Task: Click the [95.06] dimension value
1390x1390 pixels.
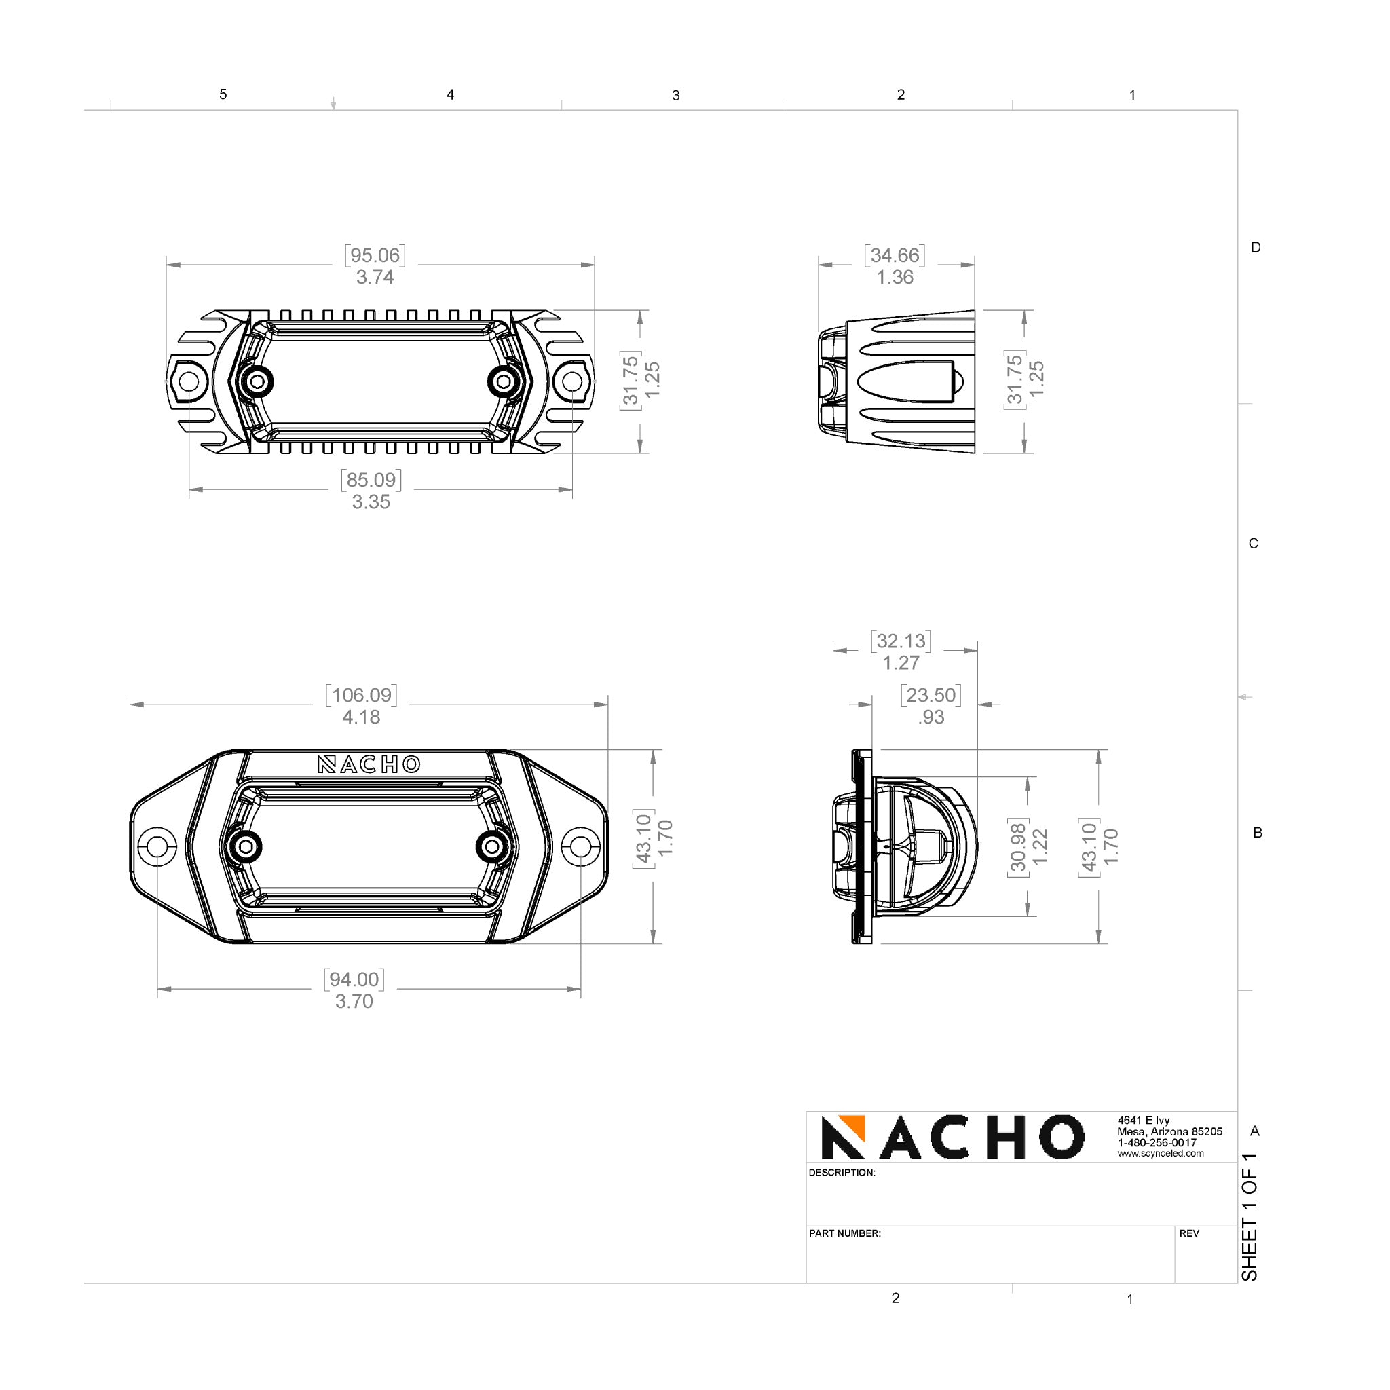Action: point(374,255)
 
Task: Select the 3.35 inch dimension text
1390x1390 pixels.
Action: point(371,502)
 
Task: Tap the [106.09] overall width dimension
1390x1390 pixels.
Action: point(361,694)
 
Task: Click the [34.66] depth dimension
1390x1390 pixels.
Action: point(895,255)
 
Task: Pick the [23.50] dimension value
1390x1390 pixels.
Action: point(931,694)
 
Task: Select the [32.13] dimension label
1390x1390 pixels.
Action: point(901,640)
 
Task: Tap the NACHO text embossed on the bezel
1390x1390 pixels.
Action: point(369,764)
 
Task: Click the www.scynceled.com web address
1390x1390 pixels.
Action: point(1160,1153)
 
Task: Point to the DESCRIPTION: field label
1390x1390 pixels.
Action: point(842,1173)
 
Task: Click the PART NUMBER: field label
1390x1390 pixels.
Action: point(844,1233)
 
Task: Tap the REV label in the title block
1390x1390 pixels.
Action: point(1189,1233)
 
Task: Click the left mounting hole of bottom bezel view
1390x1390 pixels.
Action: point(157,846)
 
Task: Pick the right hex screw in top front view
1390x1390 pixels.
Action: point(503,381)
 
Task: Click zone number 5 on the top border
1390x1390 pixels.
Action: point(223,94)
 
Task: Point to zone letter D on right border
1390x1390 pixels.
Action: point(1256,248)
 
